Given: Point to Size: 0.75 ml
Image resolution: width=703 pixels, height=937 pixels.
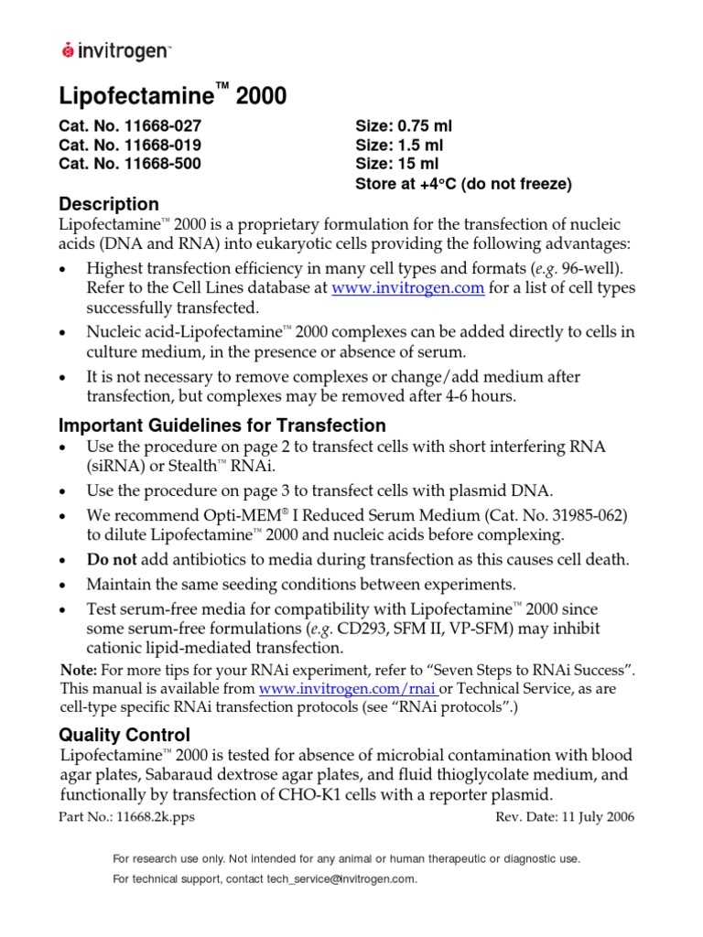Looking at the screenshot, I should pos(403,125).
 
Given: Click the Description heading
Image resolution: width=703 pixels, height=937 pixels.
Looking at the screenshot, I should pos(109,204).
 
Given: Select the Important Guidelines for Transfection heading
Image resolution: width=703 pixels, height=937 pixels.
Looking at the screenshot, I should pos(222,425).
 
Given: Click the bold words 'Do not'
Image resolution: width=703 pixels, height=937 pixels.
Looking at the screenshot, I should pos(111,560).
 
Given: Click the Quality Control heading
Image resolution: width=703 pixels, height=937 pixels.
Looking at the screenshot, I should pos(124,734).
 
